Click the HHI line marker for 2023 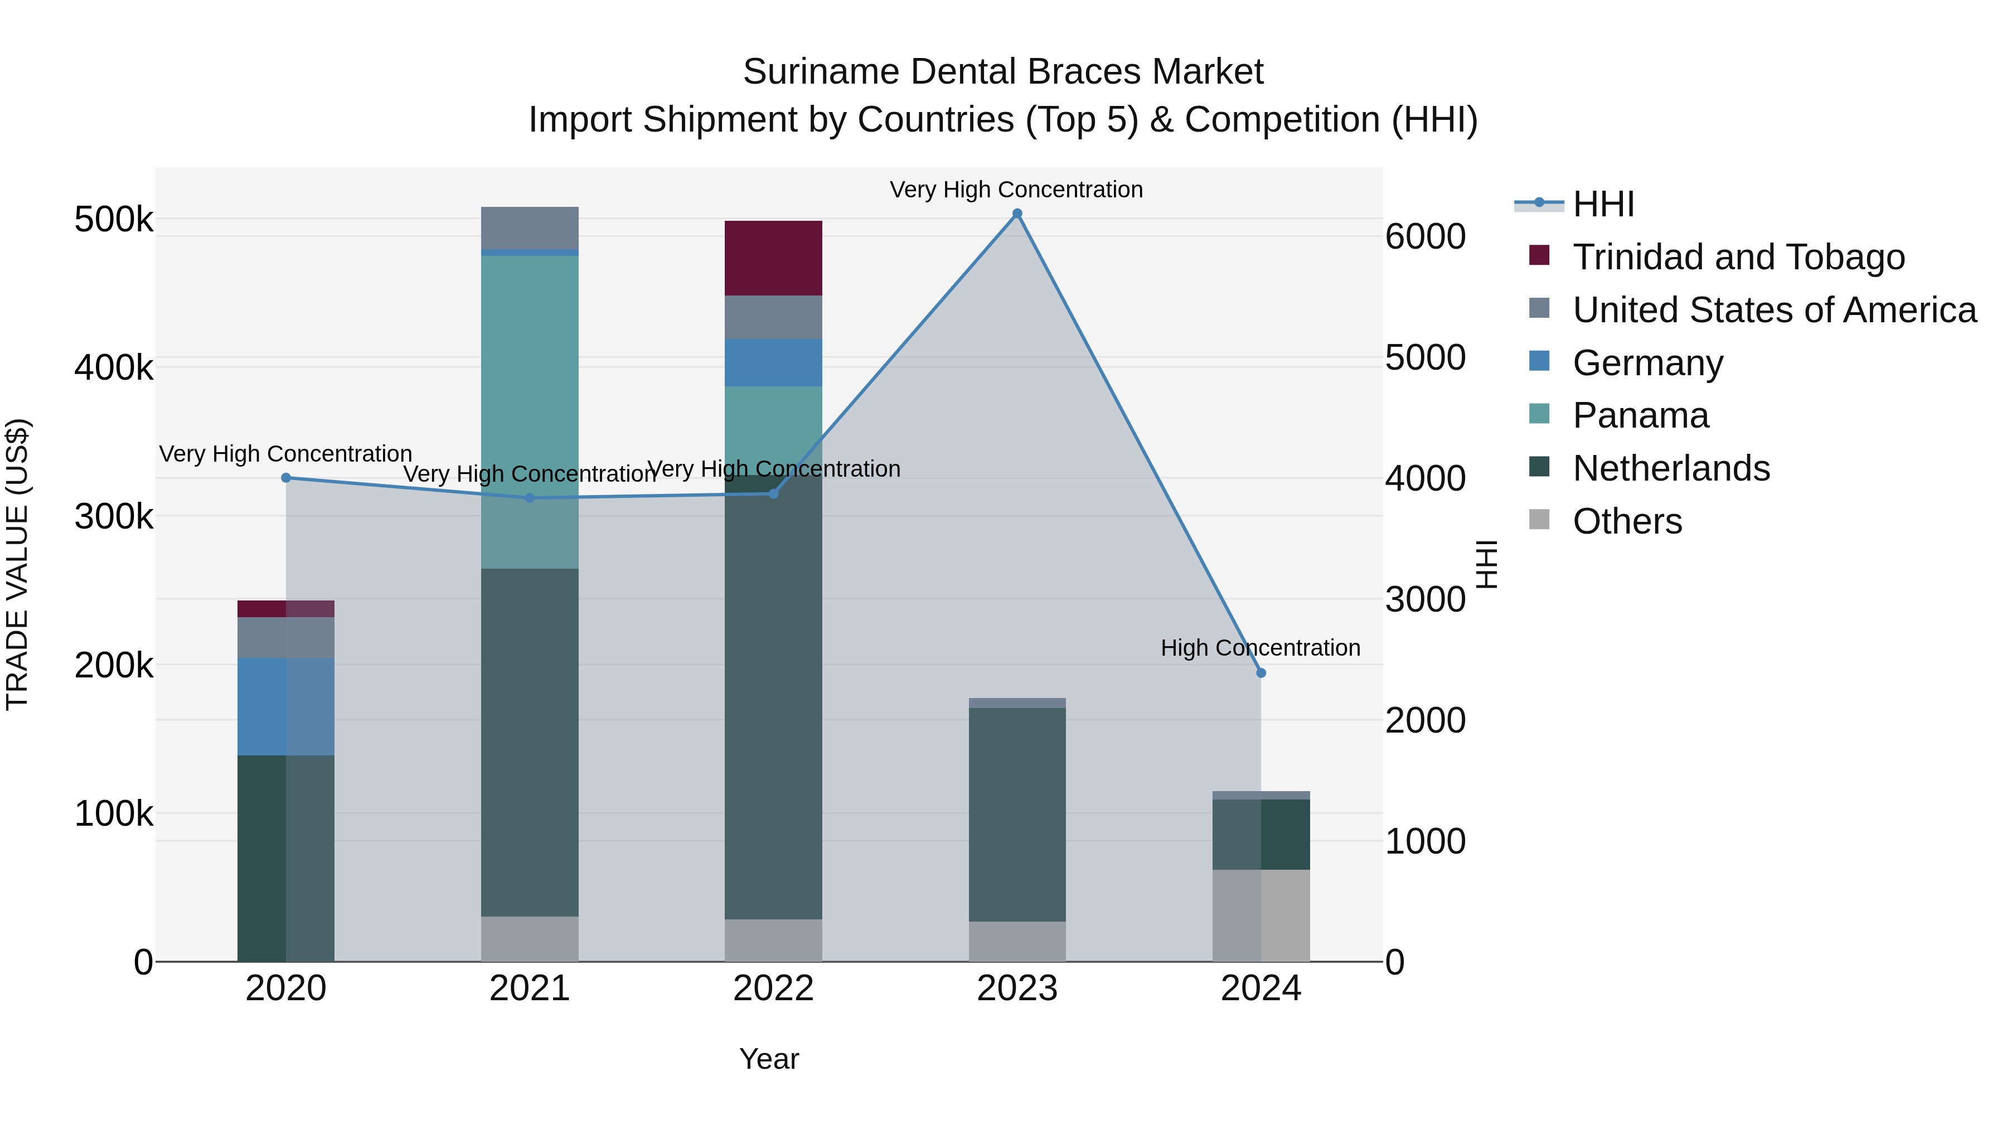click(x=1017, y=214)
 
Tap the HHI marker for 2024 click(x=1261, y=672)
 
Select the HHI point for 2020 click(x=286, y=478)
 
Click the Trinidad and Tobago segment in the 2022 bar click(x=773, y=258)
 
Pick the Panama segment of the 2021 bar click(x=530, y=411)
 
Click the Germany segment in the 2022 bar click(x=773, y=362)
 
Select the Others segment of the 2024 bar click(x=1261, y=915)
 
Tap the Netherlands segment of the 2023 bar click(x=1017, y=814)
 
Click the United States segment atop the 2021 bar click(x=530, y=227)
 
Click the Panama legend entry click(x=1640, y=415)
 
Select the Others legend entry click(x=1627, y=521)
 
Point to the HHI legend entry click(x=1603, y=204)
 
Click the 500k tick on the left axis click(x=114, y=220)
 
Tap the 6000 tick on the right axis click(x=1425, y=237)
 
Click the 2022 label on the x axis click(x=773, y=989)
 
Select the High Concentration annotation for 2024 click(x=1260, y=647)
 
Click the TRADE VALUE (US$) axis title click(x=17, y=564)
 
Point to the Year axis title click(x=769, y=1059)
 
